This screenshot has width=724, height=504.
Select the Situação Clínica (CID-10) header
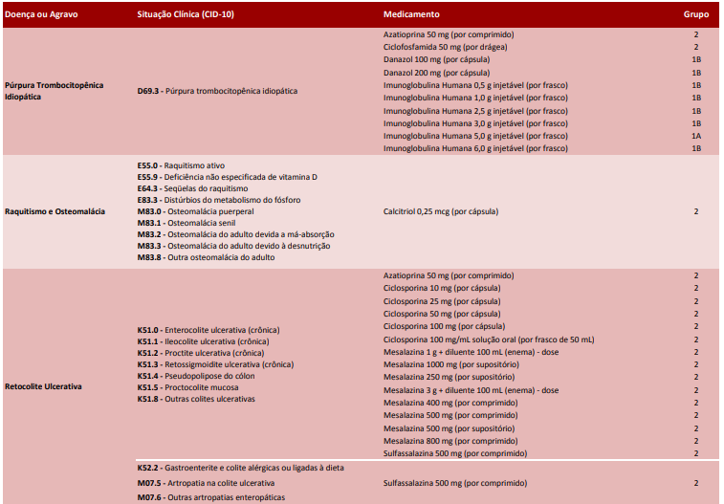tap(185, 15)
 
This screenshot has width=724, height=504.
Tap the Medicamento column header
tap(411, 15)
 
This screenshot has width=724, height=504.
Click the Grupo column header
tap(695, 15)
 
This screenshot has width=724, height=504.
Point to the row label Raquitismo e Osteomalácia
tap(55, 211)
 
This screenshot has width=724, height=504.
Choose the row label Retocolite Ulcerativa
tap(43, 387)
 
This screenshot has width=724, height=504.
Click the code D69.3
tap(149, 91)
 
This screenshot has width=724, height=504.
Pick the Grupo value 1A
tap(696, 136)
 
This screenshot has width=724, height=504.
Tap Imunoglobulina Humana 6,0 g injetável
tap(475, 148)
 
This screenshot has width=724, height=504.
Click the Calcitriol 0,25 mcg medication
tap(441, 211)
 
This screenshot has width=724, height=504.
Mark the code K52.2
tap(149, 468)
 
